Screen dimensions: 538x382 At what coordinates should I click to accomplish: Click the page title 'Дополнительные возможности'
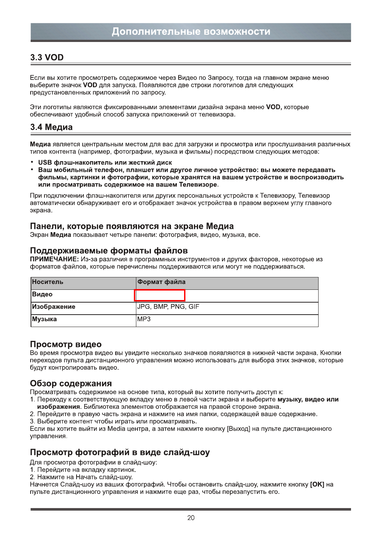pos(191,32)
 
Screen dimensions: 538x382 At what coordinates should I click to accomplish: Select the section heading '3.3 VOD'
pos(47,58)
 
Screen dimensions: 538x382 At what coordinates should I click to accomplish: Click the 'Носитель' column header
pos(48,282)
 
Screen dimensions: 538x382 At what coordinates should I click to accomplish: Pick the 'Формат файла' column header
pos(161,282)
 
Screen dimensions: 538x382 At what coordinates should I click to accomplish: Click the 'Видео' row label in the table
pos(42,294)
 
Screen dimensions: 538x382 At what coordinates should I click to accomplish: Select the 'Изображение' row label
pos(54,307)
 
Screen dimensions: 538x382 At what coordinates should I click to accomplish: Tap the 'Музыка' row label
pos(44,319)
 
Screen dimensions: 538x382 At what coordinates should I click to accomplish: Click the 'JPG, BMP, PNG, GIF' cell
pos(168,307)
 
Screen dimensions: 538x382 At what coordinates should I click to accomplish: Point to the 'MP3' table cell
pos(144,319)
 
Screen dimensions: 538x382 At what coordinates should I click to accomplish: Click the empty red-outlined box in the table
pos(160,295)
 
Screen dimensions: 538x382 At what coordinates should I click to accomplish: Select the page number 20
pos(191,518)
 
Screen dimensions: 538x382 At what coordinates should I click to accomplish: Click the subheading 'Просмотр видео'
pos(66,345)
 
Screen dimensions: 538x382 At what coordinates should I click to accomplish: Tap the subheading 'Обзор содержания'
pos(71,384)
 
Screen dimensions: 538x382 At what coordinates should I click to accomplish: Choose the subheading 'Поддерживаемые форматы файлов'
pos(109,251)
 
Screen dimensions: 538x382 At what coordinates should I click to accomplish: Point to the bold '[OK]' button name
pos(317,484)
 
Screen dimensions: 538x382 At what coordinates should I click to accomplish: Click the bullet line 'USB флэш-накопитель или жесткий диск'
pos(105,162)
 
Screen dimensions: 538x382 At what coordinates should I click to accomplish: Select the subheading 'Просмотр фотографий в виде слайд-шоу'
pos(120,453)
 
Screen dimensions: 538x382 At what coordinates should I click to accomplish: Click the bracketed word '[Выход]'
pos(238,429)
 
